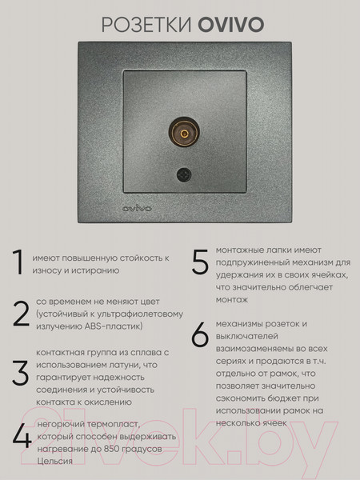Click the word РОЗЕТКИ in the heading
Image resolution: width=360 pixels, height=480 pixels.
click(x=146, y=25)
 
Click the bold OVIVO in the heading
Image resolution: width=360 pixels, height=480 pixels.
click(x=231, y=25)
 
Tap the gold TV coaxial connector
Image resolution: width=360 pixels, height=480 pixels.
click(x=184, y=133)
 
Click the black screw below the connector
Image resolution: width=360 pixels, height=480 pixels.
click(x=184, y=174)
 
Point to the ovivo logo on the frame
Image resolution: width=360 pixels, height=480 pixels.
click(x=137, y=209)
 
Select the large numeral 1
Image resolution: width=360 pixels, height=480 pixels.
click(x=18, y=262)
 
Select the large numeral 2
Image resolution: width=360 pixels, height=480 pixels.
click(x=21, y=314)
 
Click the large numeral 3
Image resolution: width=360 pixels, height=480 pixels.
click(x=21, y=373)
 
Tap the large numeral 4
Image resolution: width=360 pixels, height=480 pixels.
click(x=22, y=436)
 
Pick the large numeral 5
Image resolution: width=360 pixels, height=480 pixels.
click(x=200, y=262)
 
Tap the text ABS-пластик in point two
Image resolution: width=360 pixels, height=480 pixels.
click(x=114, y=326)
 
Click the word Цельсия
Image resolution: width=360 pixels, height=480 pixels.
click(x=54, y=462)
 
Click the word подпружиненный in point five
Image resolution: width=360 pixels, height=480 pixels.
click(x=253, y=262)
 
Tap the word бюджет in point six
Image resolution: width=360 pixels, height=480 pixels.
click(x=282, y=398)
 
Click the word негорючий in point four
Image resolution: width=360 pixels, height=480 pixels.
click(x=61, y=425)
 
